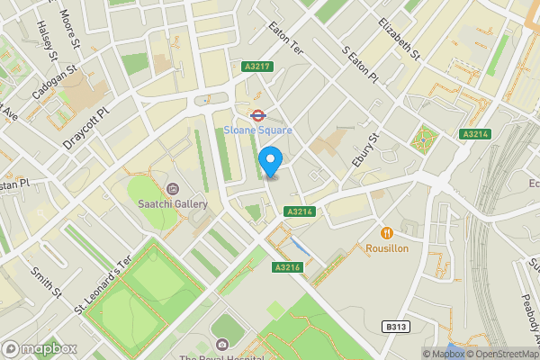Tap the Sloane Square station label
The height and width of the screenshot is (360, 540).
257,130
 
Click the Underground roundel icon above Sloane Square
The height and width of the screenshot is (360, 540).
257,114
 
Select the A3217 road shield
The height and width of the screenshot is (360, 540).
257,66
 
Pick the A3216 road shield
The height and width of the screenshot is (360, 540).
286,267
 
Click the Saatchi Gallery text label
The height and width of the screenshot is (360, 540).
173,203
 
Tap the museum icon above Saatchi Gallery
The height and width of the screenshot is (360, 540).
173,187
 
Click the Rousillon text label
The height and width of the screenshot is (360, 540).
388,247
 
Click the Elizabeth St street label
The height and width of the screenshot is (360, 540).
400,39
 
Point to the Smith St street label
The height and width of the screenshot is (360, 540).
45,283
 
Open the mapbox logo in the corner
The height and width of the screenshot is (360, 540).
39,348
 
